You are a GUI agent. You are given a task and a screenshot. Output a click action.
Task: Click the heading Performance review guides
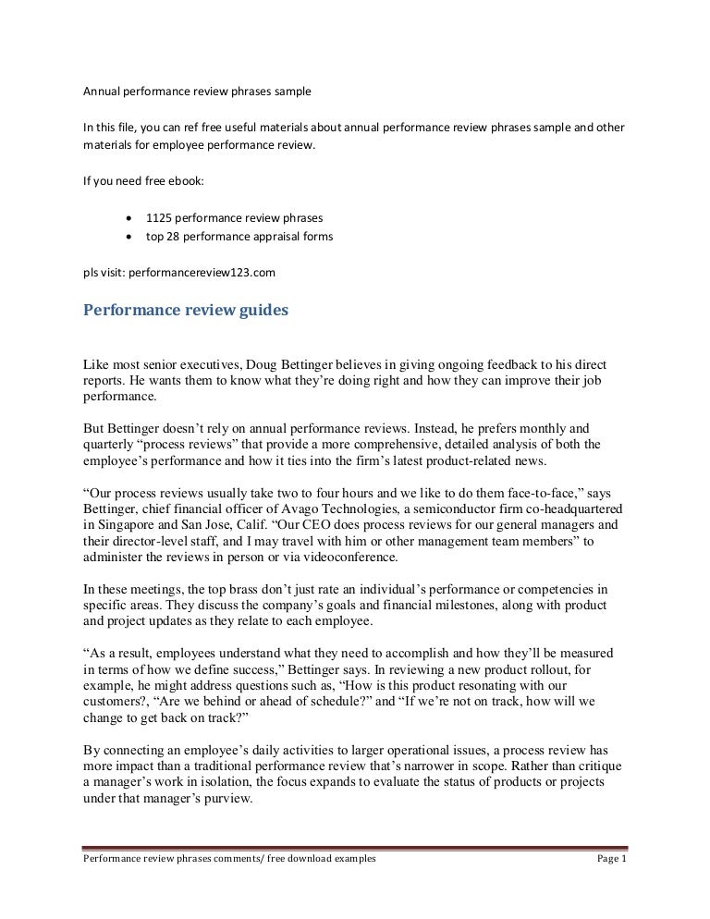pos(186,311)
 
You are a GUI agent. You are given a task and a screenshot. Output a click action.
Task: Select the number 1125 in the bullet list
pos(158,217)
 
